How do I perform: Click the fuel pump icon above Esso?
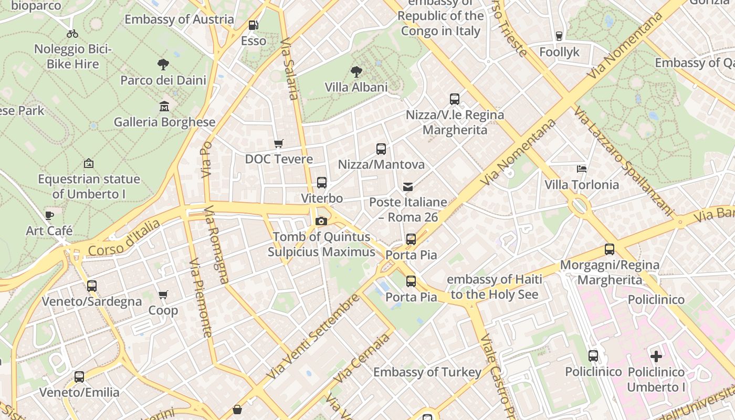[x=253, y=25]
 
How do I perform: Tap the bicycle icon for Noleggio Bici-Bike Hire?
[x=72, y=34]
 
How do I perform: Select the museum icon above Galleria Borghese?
[x=164, y=107]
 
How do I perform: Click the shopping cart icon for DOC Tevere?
[x=279, y=143]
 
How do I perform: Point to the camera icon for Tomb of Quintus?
[x=321, y=222]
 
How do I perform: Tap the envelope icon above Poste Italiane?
[x=408, y=186]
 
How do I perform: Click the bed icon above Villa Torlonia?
[x=582, y=169]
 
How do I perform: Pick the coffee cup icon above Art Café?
[x=49, y=215]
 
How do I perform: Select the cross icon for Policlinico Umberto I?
[x=656, y=356]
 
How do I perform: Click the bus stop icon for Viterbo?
[x=322, y=183]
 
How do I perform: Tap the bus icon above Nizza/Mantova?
[x=381, y=149]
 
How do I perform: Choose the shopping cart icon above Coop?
[x=163, y=295]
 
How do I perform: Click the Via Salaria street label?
[x=290, y=68]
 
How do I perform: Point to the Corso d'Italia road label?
[x=124, y=239]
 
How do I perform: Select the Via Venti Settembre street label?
[x=313, y=337]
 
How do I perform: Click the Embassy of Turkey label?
[x=427, y=372]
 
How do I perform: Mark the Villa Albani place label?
[x=356, y=87]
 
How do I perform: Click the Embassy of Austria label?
[x=179, y=19]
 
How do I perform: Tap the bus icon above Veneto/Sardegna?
[x=92, y=286]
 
